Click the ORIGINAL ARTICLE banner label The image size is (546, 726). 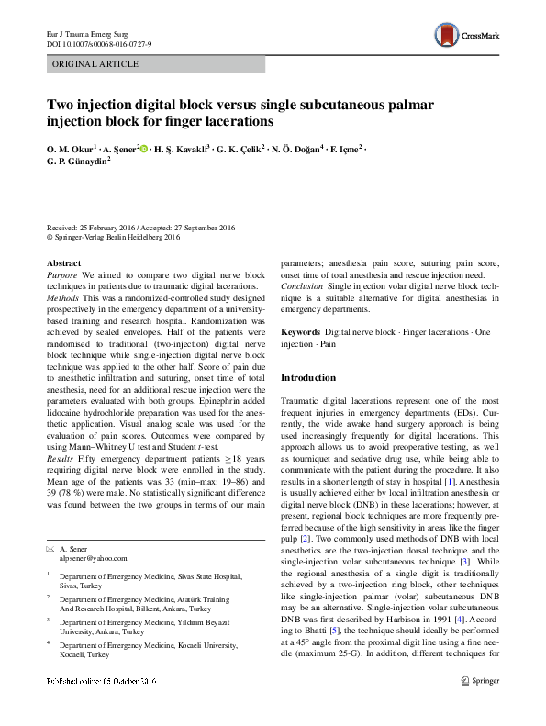pos(96,64)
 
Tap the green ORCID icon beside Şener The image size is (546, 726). pos(144,148)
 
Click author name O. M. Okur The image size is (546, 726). pos(71,149)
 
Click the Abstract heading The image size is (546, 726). pos(63,263)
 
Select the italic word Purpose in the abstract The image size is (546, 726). pos(62,275)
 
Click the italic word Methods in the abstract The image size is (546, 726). pos(63,299)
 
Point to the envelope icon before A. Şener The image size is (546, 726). pos(50,545)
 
